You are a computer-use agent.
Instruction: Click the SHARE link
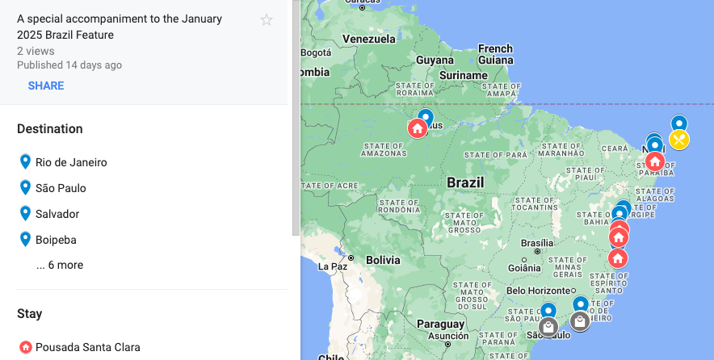pos(46,86)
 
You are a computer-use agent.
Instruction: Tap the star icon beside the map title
pos(267,20)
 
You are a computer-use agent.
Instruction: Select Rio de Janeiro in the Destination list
pos(71,162)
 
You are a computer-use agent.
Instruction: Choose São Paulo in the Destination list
pos(61,188)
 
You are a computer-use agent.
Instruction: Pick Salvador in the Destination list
pos(57,214)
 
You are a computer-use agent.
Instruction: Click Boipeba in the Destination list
pos(56,240)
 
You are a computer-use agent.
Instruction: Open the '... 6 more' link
pos(60,265)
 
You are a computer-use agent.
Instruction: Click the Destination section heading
pos(50,128)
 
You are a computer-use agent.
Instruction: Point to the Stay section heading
pos(30,313)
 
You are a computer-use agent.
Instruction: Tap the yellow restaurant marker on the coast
pos(679,139)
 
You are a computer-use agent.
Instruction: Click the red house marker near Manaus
pos(418,128)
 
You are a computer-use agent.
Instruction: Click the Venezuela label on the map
pos(369,38)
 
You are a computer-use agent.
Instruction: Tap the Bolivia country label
pos(383,260)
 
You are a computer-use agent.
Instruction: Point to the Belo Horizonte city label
pos(540,291)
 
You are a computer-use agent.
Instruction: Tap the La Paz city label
pos(332,266)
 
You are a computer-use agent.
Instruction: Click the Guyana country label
pos(435,60)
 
